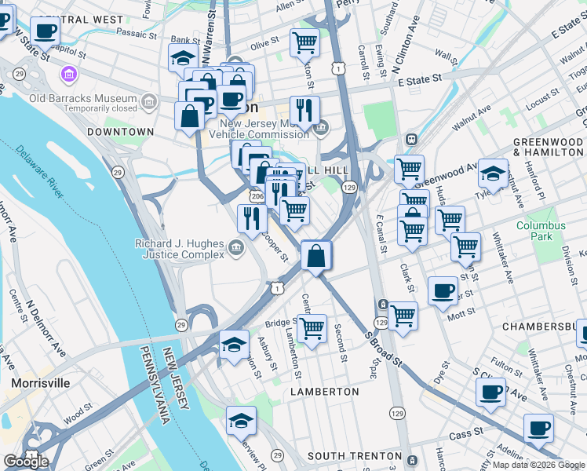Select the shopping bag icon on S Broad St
tap(315, 256)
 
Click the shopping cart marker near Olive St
tap(304, 42)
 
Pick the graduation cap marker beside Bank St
tap(183, 57)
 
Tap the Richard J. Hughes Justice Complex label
tap(180, 249)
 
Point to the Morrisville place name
tap(40, 383)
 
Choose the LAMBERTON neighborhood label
tap(324, 391)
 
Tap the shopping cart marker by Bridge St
tap(312, 327)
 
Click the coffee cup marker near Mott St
tap(443, 290)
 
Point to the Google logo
tap(27, 462)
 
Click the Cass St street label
tap(463, 435)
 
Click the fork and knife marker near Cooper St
tap(252, 217)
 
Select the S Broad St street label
tap(383, 350)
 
